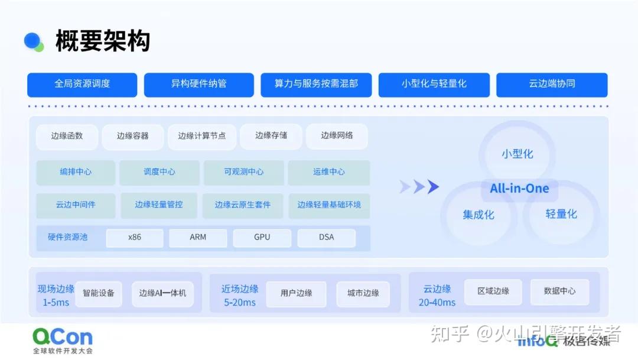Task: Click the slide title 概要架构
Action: coord(103,41)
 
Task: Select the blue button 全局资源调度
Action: coord(82,84)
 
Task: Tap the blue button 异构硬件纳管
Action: coord(198,84)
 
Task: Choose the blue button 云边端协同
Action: coord(551,84)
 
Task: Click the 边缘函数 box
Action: coord(67,136)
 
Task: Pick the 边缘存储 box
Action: coord(271,136)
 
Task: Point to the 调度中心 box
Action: coord(159,172)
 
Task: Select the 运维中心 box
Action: coord(328,172)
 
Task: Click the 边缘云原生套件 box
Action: coord(243,205)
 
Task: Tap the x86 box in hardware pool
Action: coord(135,237)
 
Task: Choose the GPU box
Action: coord(262,237)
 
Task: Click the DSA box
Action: coord(326,237)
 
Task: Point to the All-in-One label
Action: coord(519,189)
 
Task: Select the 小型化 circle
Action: coord(517,153)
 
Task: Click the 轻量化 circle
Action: coord(561,214)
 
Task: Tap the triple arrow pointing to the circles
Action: coord(419,187)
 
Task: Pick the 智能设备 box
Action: coord(99,293)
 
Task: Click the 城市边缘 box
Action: coord(363,293)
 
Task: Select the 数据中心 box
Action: coord(559,291)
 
